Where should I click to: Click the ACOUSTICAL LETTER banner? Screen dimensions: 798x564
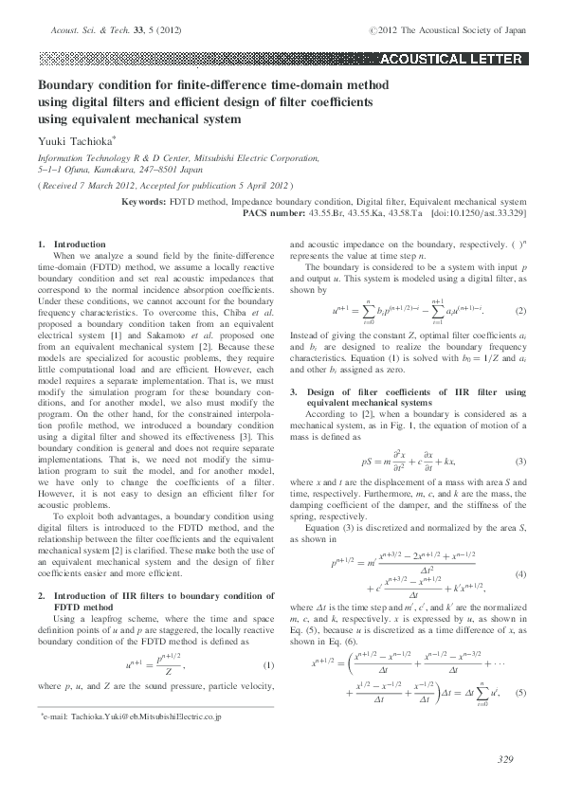coord(450,59)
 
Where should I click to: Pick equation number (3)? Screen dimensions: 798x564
coord(519,435)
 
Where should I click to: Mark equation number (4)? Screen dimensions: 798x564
coord(519,549)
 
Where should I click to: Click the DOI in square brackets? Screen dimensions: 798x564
coord(479,213)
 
